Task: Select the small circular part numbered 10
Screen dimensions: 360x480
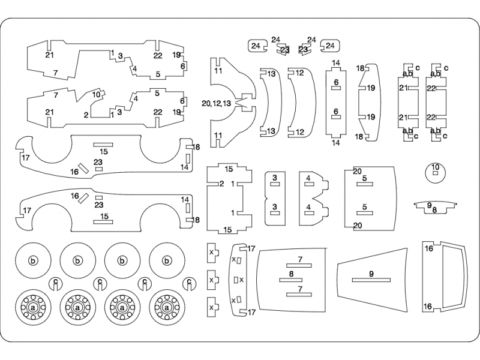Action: [435, 170]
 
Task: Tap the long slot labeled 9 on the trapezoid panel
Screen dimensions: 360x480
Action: [371, 273]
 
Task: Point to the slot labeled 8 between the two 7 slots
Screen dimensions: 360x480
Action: [290, 273]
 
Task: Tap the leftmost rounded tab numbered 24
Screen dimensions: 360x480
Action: [256, 46]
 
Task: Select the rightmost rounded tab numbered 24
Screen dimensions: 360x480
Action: [330, 46]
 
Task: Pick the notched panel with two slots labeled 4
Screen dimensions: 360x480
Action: [310, 192]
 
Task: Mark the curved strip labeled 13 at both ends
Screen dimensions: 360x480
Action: [270, 102]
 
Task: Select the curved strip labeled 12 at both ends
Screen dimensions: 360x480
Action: [298, 102]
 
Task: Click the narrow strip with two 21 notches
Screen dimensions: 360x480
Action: [408, 102]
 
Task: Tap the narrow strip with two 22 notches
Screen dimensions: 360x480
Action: [436, 102]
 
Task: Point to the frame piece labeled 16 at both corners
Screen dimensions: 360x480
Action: [440, 275]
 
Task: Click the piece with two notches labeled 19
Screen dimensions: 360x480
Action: [368, 102]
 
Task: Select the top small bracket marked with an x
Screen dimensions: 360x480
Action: [211, 253]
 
